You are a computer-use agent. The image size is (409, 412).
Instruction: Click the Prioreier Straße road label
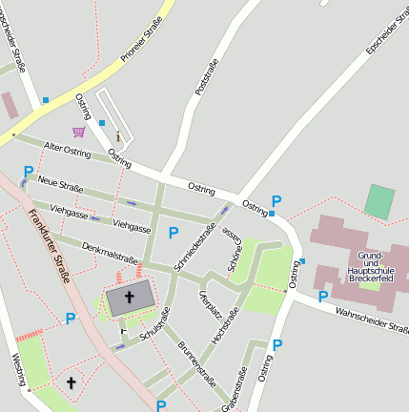point(141,46)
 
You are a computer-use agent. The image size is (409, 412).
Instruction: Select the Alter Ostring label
point(67,151)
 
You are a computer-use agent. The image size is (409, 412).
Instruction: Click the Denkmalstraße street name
point(110,253)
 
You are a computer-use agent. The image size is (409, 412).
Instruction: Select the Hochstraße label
point(225,324)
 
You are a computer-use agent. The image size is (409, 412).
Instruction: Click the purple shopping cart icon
point(78,132)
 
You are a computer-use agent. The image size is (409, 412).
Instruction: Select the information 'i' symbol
point(117,135)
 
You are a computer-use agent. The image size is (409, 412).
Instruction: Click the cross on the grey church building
point(130,298)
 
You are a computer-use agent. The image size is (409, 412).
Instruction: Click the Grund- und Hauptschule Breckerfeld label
point(371,267)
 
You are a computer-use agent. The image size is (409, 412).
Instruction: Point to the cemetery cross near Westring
point(71,383)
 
